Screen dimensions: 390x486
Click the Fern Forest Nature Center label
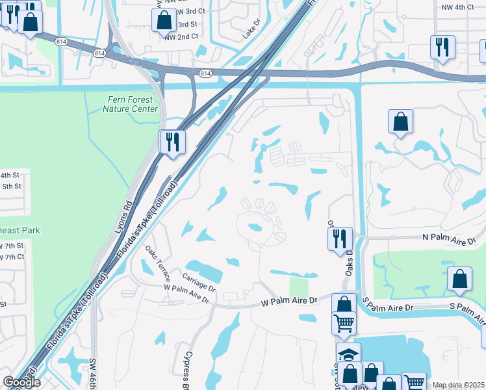tap(130, 104)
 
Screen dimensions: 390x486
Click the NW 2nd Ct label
tap(181, 36)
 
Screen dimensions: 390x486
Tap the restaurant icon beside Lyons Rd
tap(172, 142)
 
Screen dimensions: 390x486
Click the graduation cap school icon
tap(348, 354)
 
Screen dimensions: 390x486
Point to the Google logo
tap(21, 382)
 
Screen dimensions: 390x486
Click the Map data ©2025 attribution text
tap(458, 385)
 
